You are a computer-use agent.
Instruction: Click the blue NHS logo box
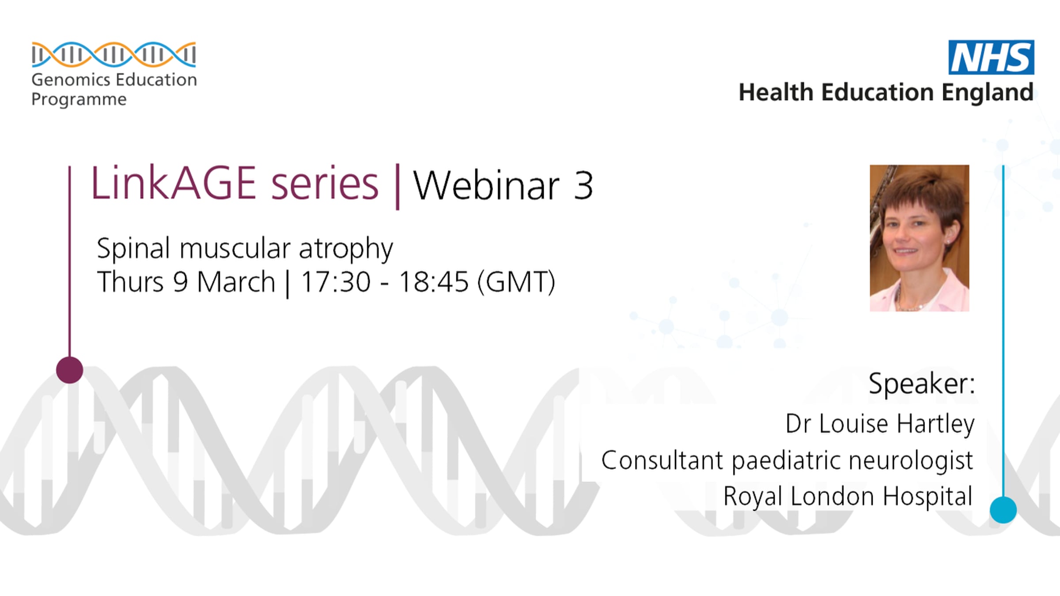991,57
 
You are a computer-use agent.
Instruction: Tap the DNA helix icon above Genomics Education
114,54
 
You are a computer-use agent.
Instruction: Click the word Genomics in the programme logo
71,80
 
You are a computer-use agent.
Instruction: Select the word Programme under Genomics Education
79,100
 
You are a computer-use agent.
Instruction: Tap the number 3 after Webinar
583,186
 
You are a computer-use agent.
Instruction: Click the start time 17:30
336,282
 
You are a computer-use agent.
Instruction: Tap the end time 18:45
433,282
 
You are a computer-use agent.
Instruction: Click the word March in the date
236,282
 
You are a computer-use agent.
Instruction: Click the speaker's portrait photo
920,238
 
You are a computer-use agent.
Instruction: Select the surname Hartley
935,424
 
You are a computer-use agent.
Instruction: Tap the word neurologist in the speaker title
911,461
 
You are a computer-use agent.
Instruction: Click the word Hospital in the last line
927,497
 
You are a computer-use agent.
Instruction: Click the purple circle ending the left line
70,370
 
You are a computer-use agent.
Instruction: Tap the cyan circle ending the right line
1003,510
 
